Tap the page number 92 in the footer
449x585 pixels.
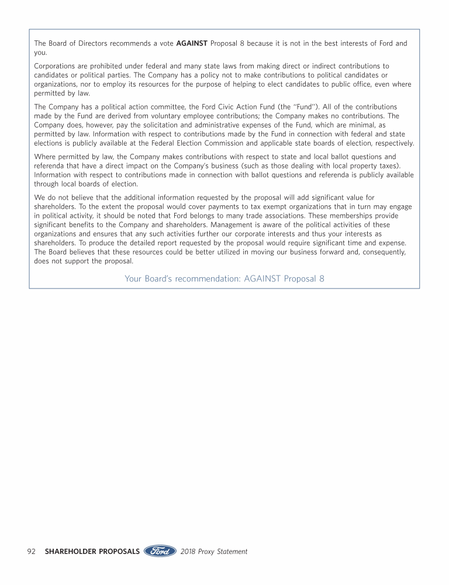(x=32, y=551)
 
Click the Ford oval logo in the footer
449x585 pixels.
(x=160, y=551)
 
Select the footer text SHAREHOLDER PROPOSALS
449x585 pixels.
(x=92, y=551)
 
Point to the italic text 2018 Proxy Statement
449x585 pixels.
(x=214, y=551)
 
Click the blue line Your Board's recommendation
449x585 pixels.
(x=224, y=278)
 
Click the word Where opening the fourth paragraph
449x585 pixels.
(x=46, y=157)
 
